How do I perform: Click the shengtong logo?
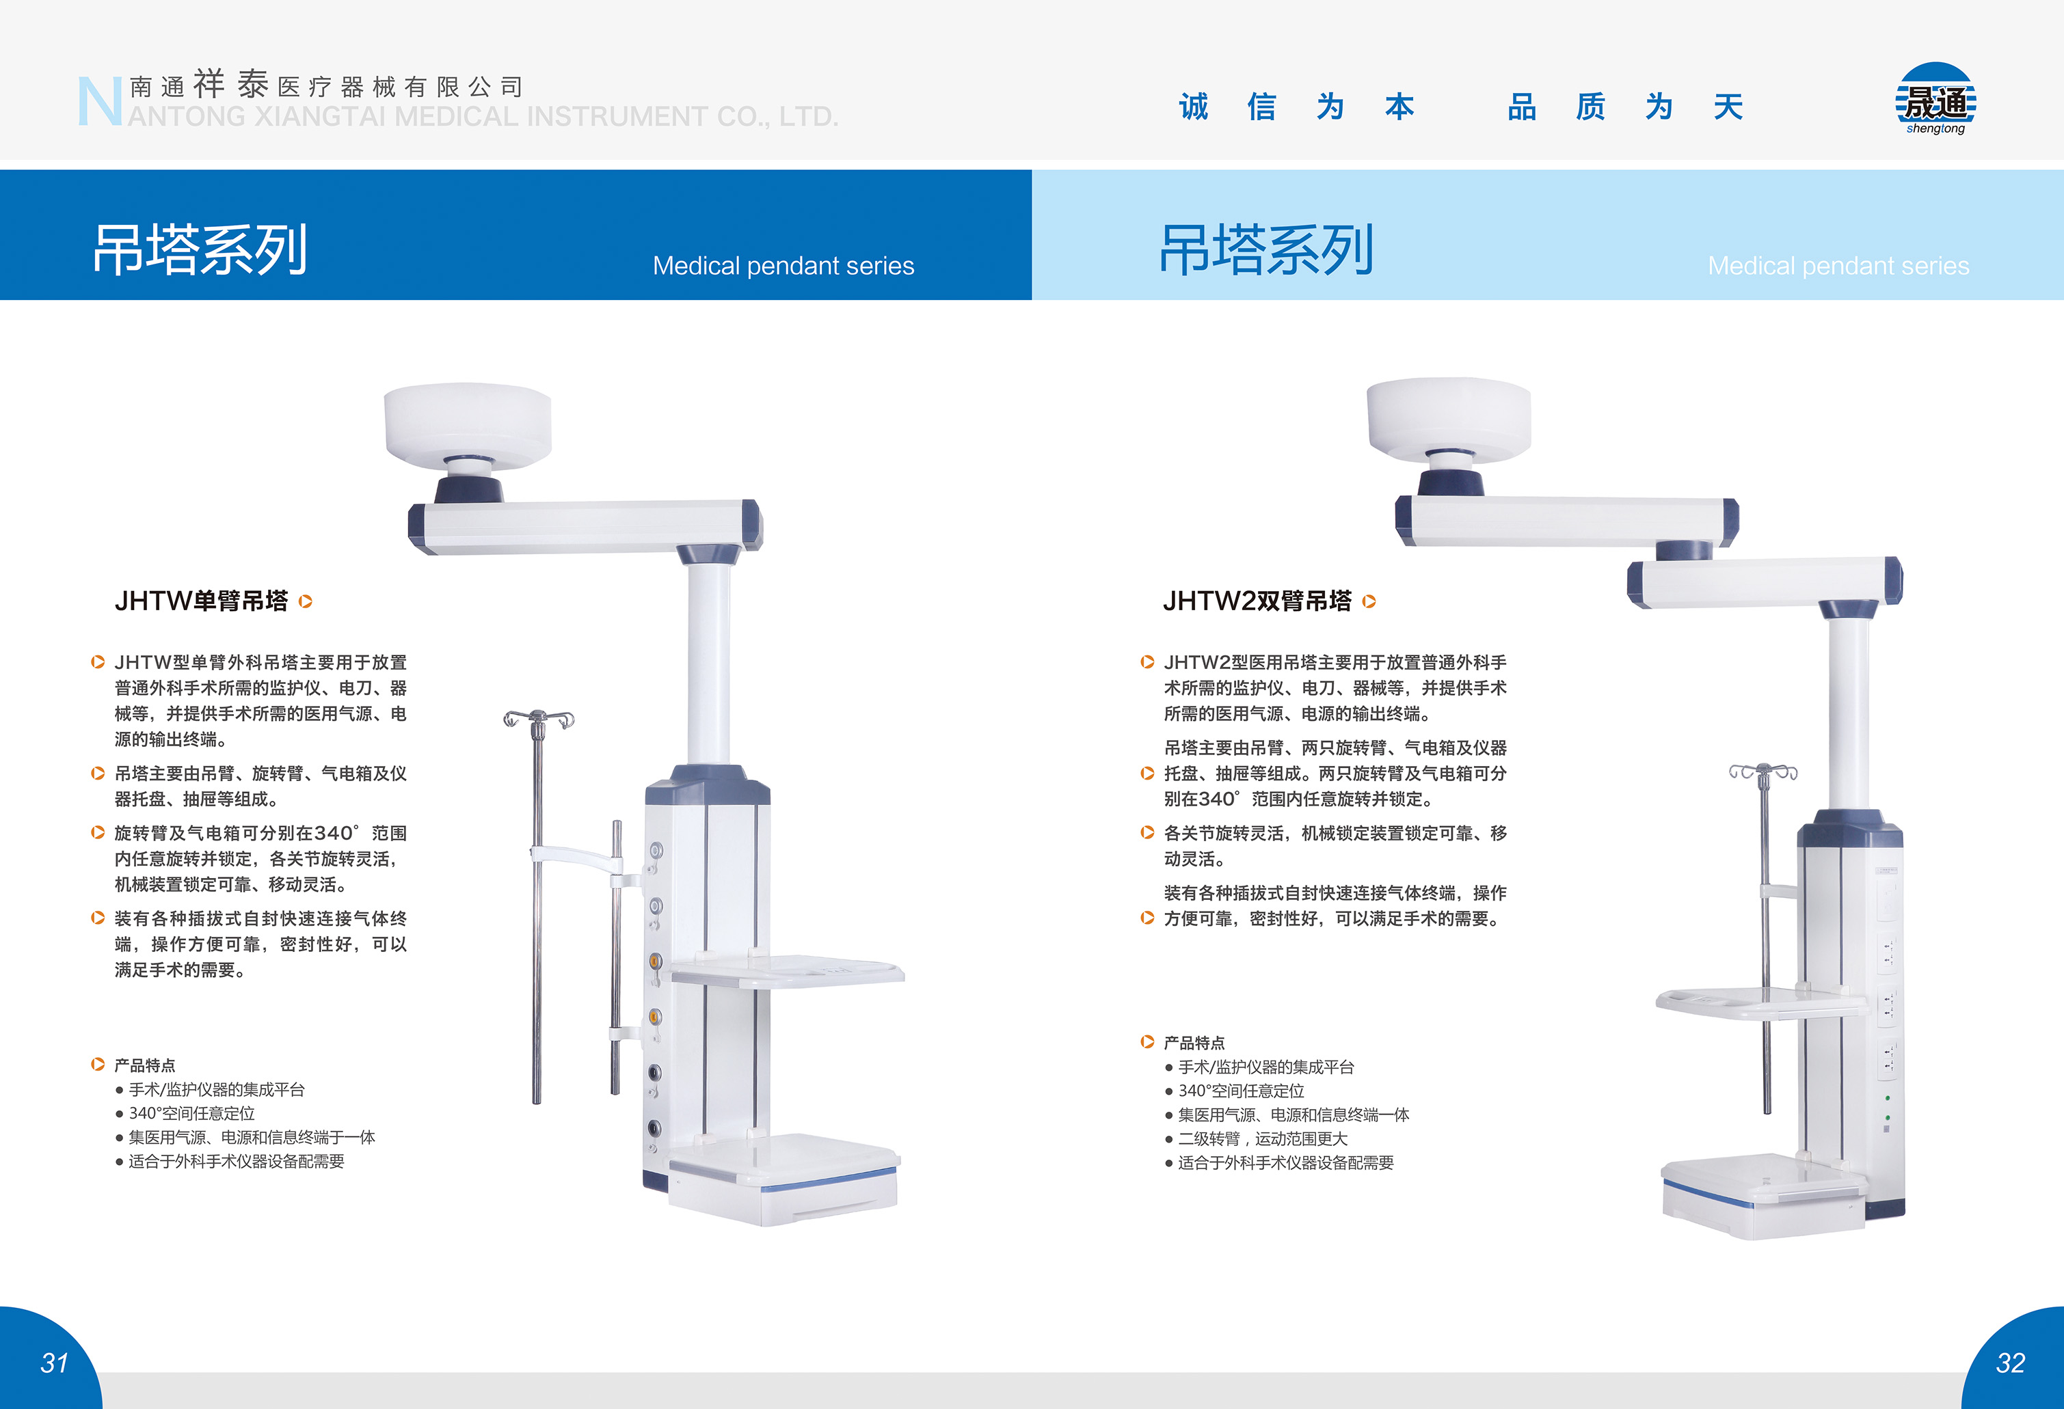pyautogui.click(x=1935, y=100)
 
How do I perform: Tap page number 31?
pyautogui.click(x=54, y=1363)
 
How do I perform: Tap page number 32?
pyautogui.click(x=2010, y=1363)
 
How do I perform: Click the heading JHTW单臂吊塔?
pyautogui.click(x=202, y=601)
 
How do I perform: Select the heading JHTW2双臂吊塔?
pyautogui.click(x=1257, y=601)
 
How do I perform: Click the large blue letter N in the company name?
pyautogui.click(x=99, y=101)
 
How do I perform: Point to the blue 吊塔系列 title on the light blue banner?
pyautogui.click(x=1266, y=249)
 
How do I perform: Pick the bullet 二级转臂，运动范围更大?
pyautogui.click(x=1262, y=1138)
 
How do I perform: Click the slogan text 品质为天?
pyautogui.click(x=1624, y=107)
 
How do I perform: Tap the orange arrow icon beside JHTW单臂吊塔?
pyautogui.click(x=306, y=602)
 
